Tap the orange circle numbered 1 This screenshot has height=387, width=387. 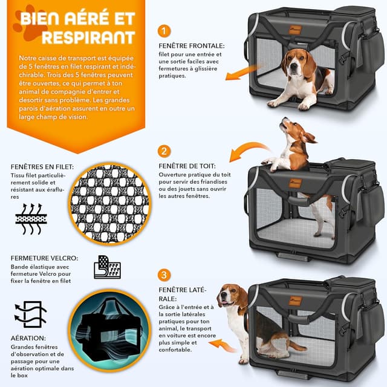(164, 30)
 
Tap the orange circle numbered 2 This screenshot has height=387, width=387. (164, 151)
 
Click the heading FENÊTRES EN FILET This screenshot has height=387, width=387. (42, 167)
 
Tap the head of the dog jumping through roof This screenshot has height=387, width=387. (293, 131)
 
